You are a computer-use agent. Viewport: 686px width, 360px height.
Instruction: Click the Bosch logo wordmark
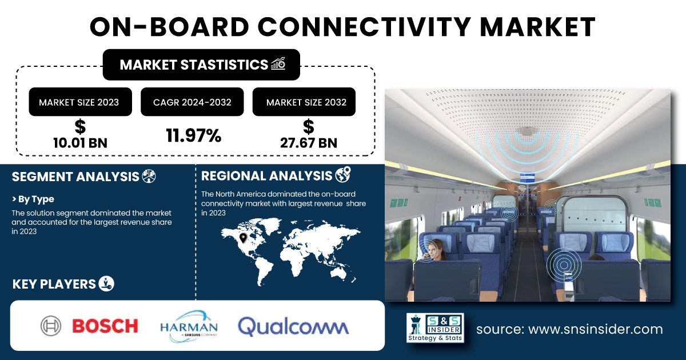105,326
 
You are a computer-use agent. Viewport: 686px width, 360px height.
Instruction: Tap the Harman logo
189,326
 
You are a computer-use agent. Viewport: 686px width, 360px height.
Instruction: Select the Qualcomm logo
293,326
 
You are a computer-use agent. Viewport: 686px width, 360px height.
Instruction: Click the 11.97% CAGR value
194,135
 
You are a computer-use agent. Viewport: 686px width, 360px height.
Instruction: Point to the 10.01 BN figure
80,143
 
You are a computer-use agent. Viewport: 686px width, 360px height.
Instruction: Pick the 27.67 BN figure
308,143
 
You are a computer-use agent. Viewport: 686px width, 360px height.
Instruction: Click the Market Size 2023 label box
80,102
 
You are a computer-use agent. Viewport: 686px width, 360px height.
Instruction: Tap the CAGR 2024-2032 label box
192,102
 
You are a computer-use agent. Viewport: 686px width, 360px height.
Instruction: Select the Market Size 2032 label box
304,102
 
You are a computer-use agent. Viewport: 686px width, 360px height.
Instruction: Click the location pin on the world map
243,238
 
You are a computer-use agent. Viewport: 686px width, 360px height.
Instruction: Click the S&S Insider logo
435,328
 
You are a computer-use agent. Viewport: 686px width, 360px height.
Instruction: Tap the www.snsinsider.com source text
595,329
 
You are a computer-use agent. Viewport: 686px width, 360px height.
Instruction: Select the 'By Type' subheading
33,199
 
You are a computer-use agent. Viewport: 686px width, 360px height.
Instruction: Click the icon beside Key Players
106,283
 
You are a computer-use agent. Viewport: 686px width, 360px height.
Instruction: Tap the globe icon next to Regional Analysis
343,174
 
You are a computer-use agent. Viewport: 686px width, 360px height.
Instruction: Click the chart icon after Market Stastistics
278,64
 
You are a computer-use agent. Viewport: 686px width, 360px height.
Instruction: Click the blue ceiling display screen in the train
527,177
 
